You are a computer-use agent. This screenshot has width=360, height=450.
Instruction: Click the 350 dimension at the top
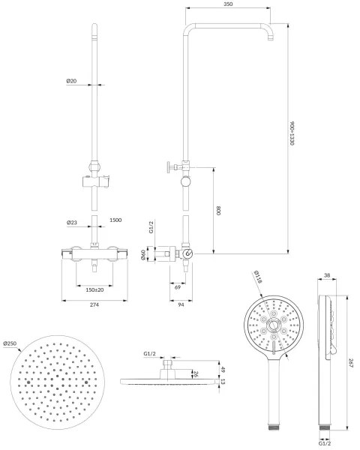(x=228, y=5)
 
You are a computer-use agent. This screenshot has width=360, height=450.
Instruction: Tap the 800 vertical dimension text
(x=219, y=211)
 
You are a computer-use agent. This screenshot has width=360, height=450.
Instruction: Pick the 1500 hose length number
(x=115, y=221)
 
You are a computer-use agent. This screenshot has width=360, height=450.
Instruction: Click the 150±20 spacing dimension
(x=94, y=288)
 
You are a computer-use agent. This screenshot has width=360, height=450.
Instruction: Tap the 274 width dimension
(x=94, y=304)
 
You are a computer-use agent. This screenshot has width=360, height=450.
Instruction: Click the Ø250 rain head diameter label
(x=10, y=344)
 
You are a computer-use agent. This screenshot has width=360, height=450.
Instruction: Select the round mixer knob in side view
(x=187, y=255)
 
